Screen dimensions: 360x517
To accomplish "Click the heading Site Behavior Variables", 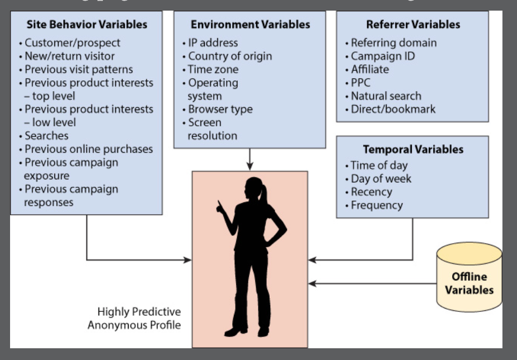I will [87, 25].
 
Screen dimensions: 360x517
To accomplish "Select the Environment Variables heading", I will [250, 25].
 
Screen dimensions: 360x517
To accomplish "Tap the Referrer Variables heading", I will [413, 25].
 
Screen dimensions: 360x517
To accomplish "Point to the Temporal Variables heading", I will [413, 150].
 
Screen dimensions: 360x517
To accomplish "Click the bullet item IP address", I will [213, 42].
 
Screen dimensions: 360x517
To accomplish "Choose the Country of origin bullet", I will [229, 56].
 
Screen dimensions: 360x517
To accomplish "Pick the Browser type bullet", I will [220, 110].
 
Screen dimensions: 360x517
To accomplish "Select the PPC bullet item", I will [360, 83].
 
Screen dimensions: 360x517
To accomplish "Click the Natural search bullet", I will [386, 96].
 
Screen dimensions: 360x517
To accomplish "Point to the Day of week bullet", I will [380, 179].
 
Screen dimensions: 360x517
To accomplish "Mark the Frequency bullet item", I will [377, 206].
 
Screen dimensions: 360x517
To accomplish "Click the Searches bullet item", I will [46, 136].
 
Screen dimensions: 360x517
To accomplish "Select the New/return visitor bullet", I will [69, 56].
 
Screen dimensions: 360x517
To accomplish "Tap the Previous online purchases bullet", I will [88, 149].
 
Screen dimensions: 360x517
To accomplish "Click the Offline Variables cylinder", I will [469, 282].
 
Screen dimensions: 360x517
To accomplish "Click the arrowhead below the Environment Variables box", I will [250, 166].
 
